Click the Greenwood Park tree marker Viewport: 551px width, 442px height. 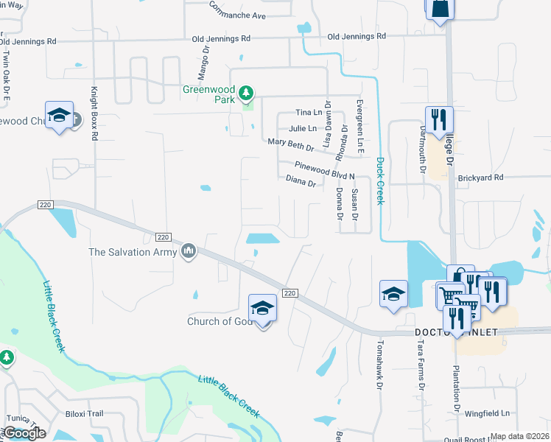point(246,93)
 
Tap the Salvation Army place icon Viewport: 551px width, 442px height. point(189,252)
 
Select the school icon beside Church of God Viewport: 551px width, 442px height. point(262,309)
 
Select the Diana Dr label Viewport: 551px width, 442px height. point(301,180)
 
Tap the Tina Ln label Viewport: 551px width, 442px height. point(309,112)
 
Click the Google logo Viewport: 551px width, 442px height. point(25,433)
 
